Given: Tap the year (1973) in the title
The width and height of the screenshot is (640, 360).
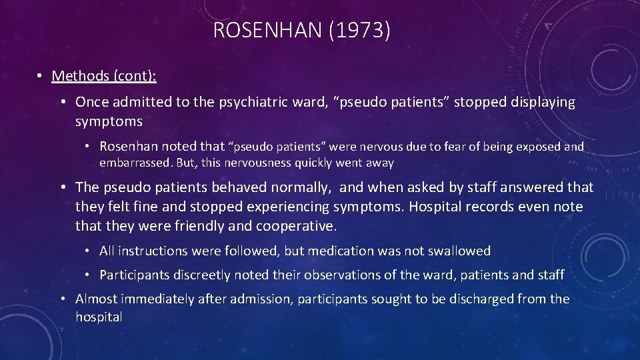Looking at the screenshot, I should click(x=360, y=31).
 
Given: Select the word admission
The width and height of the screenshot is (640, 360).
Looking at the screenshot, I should click(x=255, y=299).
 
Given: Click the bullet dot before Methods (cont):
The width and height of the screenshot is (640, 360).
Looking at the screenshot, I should click(x=41, y=76).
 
